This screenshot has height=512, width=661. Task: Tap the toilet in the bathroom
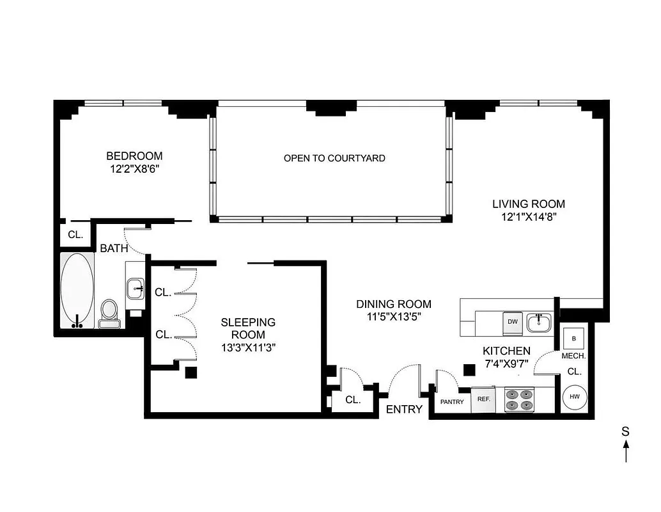[109, 313]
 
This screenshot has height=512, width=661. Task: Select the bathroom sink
[136, 288]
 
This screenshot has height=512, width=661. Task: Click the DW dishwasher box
[512, 322]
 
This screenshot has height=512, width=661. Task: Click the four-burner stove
[519, 399]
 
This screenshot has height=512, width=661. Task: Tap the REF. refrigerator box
[483, 399]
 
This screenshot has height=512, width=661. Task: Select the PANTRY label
[452, 402]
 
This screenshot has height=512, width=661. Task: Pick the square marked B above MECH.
[573, 339]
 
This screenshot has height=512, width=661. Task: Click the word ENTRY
[404, 410]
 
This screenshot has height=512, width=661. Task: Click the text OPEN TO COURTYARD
[334, 157]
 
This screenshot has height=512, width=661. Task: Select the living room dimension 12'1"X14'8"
[528, 217]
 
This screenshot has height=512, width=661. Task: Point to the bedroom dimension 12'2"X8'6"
[134, 169]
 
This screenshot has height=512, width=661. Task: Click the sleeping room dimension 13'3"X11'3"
[248, 347]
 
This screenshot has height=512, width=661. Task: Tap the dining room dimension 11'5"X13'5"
[393, 317]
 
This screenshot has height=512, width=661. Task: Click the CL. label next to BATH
[75, 235]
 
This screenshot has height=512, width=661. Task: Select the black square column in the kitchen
[469, 369]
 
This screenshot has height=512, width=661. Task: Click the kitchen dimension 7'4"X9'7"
[506, 364]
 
